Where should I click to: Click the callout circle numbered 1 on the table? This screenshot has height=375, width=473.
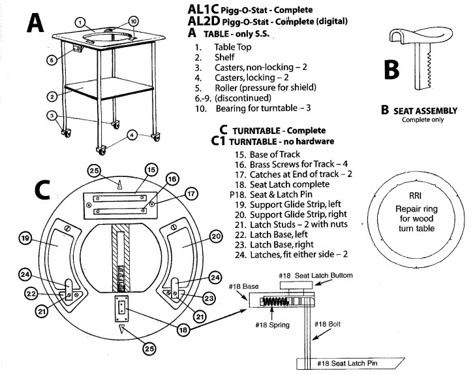coord(79,22)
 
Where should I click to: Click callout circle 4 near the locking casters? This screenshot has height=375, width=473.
coord(132,135)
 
